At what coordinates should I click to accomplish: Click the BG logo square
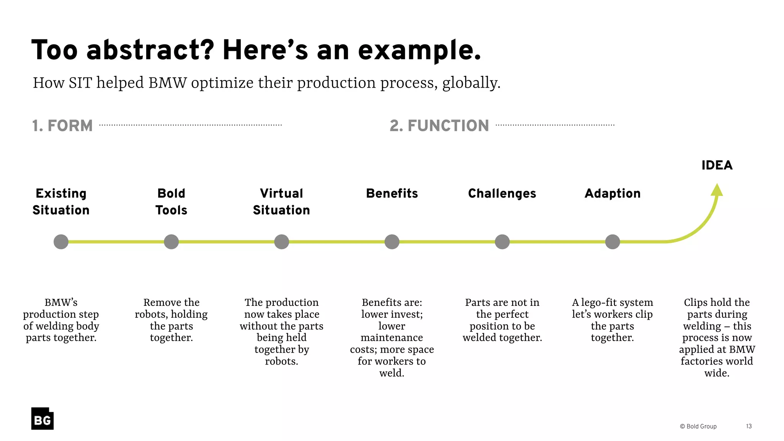pos(42,418)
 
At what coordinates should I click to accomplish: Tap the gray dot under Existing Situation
pos(61,242)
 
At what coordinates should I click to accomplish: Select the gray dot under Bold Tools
pos(171,242)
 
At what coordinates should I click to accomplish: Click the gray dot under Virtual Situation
pos(281,242)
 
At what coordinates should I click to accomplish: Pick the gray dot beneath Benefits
pos(392,242)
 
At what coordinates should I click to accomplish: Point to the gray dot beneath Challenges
pos(502,242)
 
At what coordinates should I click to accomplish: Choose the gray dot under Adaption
pos(612,242)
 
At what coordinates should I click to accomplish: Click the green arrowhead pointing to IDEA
pos(717,190)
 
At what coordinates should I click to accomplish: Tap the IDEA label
pos(717,165)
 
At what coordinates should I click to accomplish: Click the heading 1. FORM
pos(62,126)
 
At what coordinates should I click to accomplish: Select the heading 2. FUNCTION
pos(439,126)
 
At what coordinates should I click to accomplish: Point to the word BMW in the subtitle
pos(167,83)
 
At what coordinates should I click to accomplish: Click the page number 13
pos(749,426)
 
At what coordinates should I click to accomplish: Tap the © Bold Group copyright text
pos(698,426)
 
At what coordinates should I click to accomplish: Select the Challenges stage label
pos(502,193)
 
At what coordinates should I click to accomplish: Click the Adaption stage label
pos(612,193)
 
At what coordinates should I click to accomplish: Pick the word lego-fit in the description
pos(602,302)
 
